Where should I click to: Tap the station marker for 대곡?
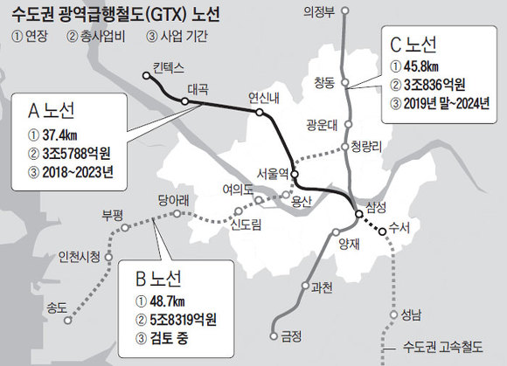185,100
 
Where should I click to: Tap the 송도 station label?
59,307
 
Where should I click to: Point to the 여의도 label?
237,187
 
